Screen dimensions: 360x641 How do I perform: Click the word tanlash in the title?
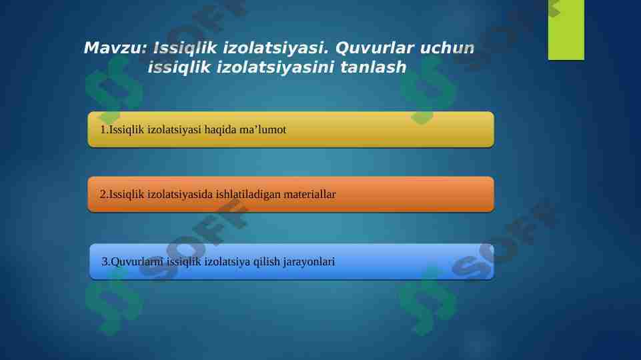tap(373, 67)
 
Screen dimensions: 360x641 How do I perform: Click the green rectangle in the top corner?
tap(566, 29)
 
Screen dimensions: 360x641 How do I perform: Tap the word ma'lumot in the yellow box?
tap(261, 130)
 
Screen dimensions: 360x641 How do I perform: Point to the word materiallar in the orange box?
tap(309, 195)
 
